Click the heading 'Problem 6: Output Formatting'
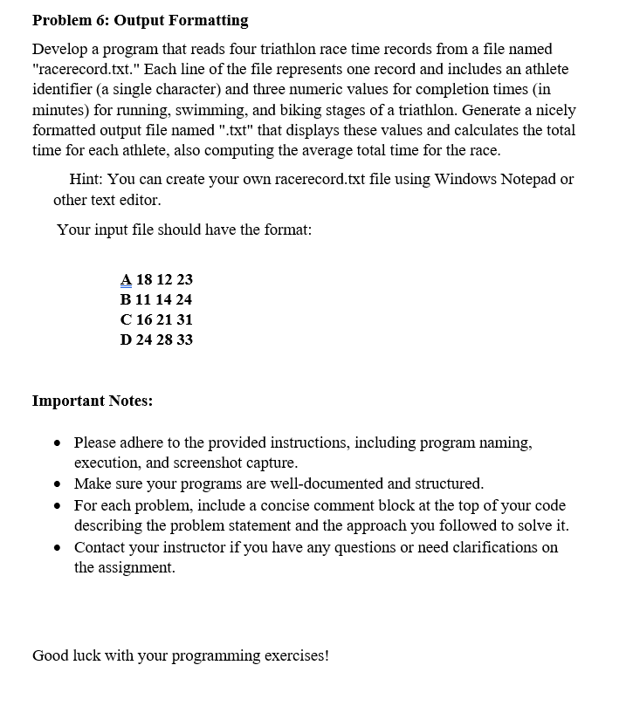[x=140, y=20]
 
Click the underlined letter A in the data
[x=126, y=280]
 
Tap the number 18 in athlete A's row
[x=145, y=280]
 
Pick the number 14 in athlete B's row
[x=164, y=300]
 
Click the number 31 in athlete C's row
[x=183, y=320]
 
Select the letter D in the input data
[x=127, y=340]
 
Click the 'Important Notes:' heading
[x=93, y=401]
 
